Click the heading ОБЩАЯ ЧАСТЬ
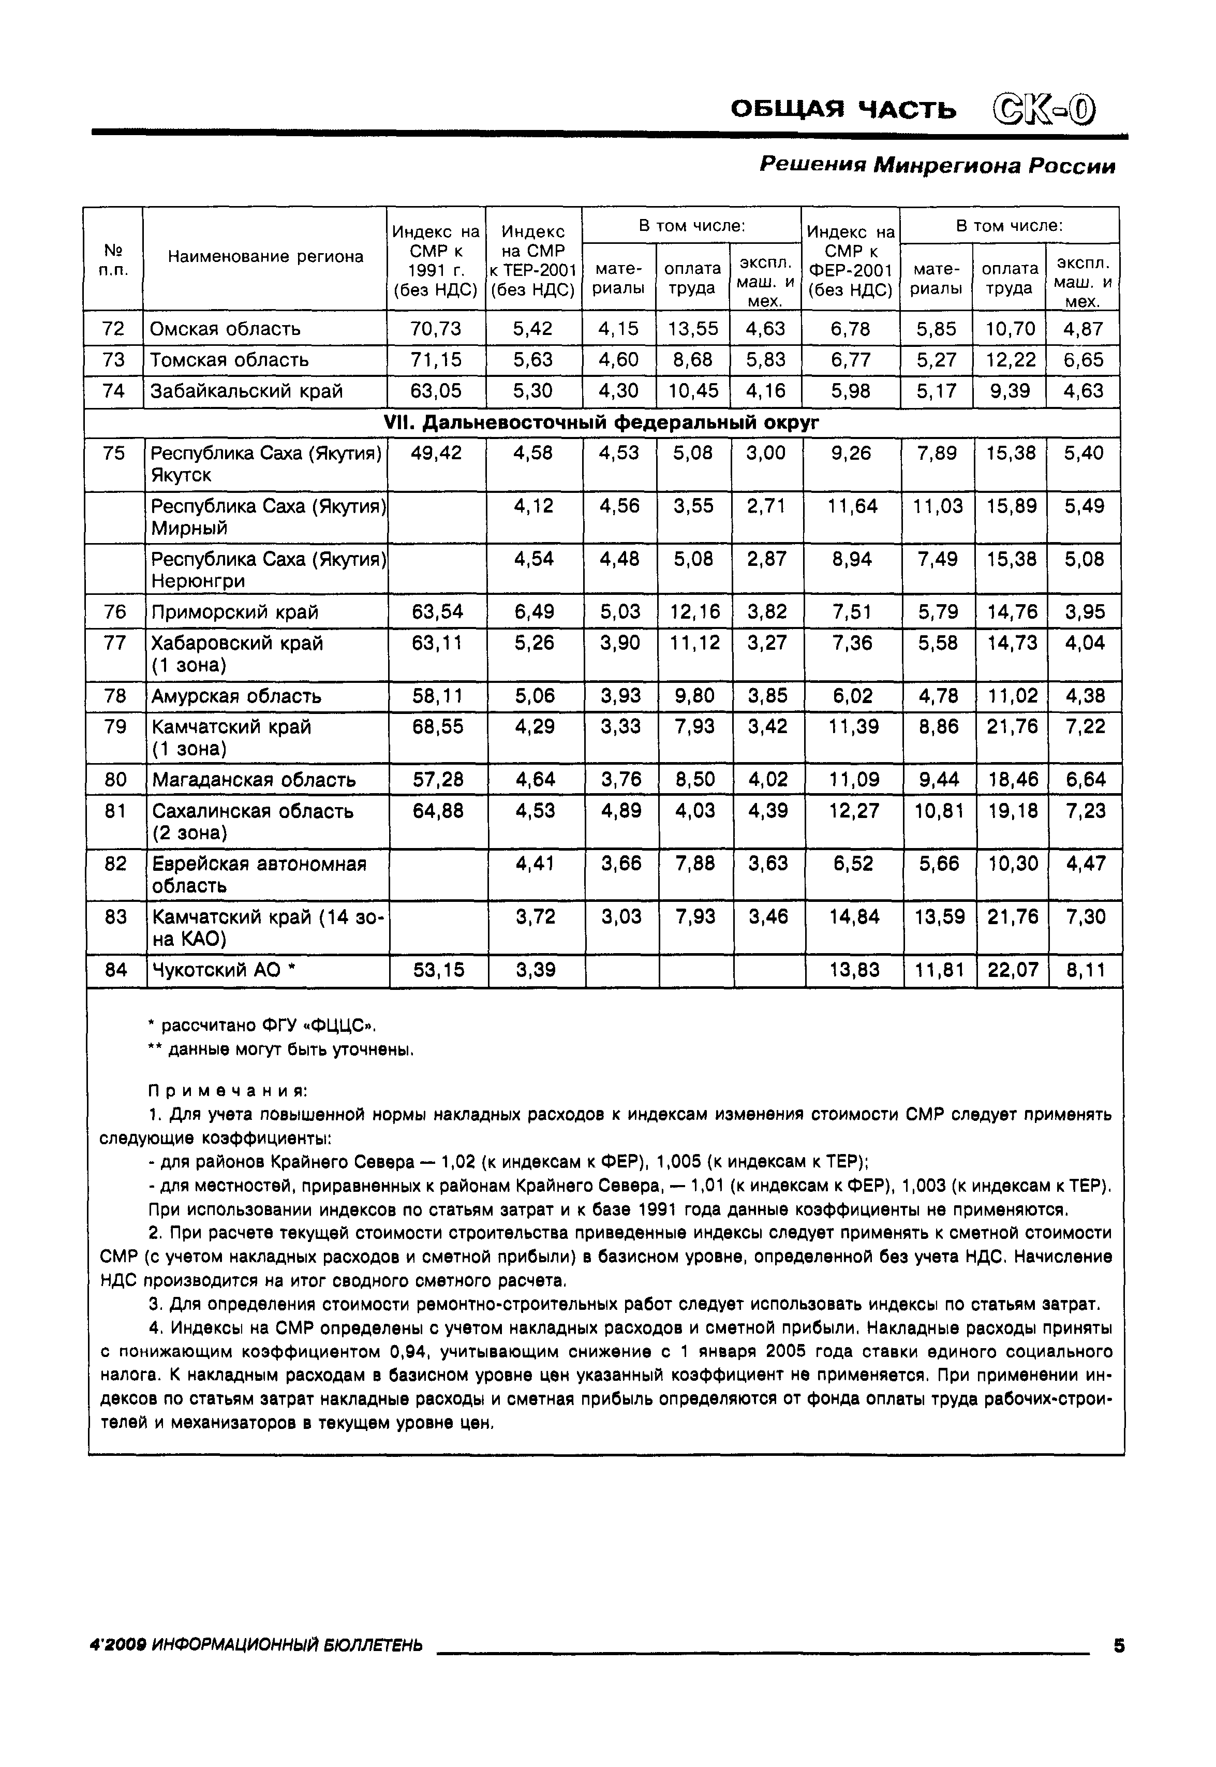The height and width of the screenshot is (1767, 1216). click(x=843, y=110)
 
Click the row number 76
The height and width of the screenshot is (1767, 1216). click(x=114, y=612)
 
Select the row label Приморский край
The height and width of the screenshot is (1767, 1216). click(x=235, y=612)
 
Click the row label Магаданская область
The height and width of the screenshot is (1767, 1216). click(x=254, y=780)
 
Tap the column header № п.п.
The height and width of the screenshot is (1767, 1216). click(x=113, y=259)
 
